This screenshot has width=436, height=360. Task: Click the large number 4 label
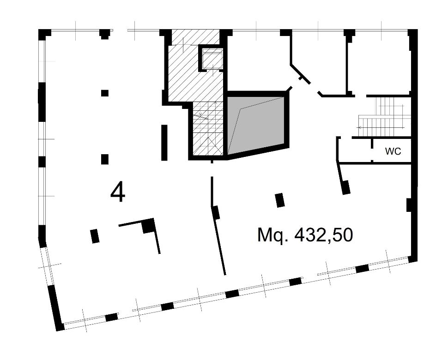118,192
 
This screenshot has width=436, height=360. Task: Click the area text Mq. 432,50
305,235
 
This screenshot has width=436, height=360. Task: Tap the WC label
393,151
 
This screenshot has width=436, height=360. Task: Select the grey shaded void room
256,124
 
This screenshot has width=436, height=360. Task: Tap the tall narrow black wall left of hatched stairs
164,142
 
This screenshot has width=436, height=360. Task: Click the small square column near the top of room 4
105,93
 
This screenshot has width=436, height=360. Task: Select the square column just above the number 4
105,159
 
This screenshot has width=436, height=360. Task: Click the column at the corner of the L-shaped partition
148,226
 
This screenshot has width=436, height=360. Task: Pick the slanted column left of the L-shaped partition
95,236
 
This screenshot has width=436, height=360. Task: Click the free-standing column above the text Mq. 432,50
279,200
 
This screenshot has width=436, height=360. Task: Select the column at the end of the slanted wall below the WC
345,187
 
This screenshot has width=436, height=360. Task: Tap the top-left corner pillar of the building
44,34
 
